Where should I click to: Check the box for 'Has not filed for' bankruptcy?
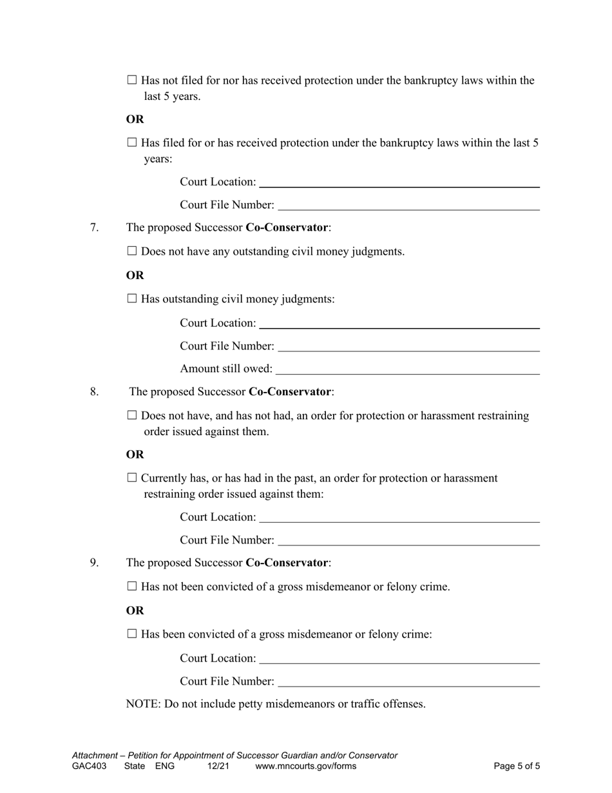point(132,81)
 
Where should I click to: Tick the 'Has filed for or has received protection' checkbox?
point(132,142)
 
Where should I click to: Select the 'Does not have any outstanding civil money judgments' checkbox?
point(132,251)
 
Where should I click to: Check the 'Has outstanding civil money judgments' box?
point(132,299)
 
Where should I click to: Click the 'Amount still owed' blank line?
point(407,369)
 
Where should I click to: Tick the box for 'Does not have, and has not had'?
point(132,416)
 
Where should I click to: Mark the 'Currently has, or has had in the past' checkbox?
point(132,478)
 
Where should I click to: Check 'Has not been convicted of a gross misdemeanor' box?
point(132,587)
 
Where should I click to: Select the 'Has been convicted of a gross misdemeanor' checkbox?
point(132,634)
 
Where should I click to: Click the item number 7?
point(94,228)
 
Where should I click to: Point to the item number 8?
point(94,391)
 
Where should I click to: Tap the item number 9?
point(94,563)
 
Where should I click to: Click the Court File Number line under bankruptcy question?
point(408,206)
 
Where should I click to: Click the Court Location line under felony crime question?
point(399,659)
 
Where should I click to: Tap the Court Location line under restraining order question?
point(399,518)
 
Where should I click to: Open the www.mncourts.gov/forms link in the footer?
point(305,767)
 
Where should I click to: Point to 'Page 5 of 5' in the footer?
point(517,767)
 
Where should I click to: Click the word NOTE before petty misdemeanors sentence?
point(142,704)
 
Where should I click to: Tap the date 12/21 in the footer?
point(218,767)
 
